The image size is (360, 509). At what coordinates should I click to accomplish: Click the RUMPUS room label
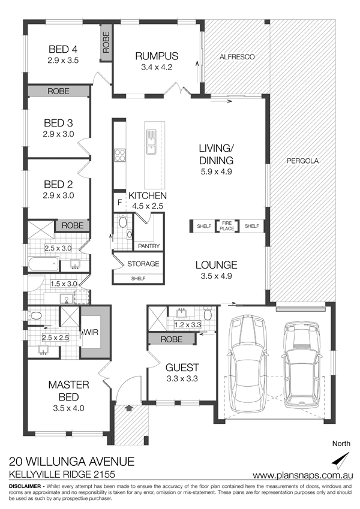[157, 56]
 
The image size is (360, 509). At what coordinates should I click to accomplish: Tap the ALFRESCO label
[237, 57]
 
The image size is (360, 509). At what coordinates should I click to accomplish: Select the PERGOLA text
[303, 161]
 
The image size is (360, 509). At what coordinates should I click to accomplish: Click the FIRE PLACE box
[227, 226]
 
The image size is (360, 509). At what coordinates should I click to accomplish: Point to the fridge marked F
[119, 203]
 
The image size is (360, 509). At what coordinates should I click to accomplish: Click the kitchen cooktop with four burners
[120, 155]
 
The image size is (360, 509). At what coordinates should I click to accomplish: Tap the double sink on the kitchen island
[151, 142]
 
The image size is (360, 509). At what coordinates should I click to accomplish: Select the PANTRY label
[149, 246]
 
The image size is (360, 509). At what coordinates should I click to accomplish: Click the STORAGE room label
[143, 264]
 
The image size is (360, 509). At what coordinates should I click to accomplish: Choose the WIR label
[91, 332]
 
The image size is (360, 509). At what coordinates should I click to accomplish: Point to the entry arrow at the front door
[129, 408]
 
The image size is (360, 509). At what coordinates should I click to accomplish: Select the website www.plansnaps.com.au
[303, 475]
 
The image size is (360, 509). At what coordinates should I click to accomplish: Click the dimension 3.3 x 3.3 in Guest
[182, 378]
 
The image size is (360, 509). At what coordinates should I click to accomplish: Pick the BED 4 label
[63, 49]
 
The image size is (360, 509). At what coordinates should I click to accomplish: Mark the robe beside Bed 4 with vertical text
[106, 42]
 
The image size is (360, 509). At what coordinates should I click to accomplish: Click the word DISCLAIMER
[25, 486]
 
